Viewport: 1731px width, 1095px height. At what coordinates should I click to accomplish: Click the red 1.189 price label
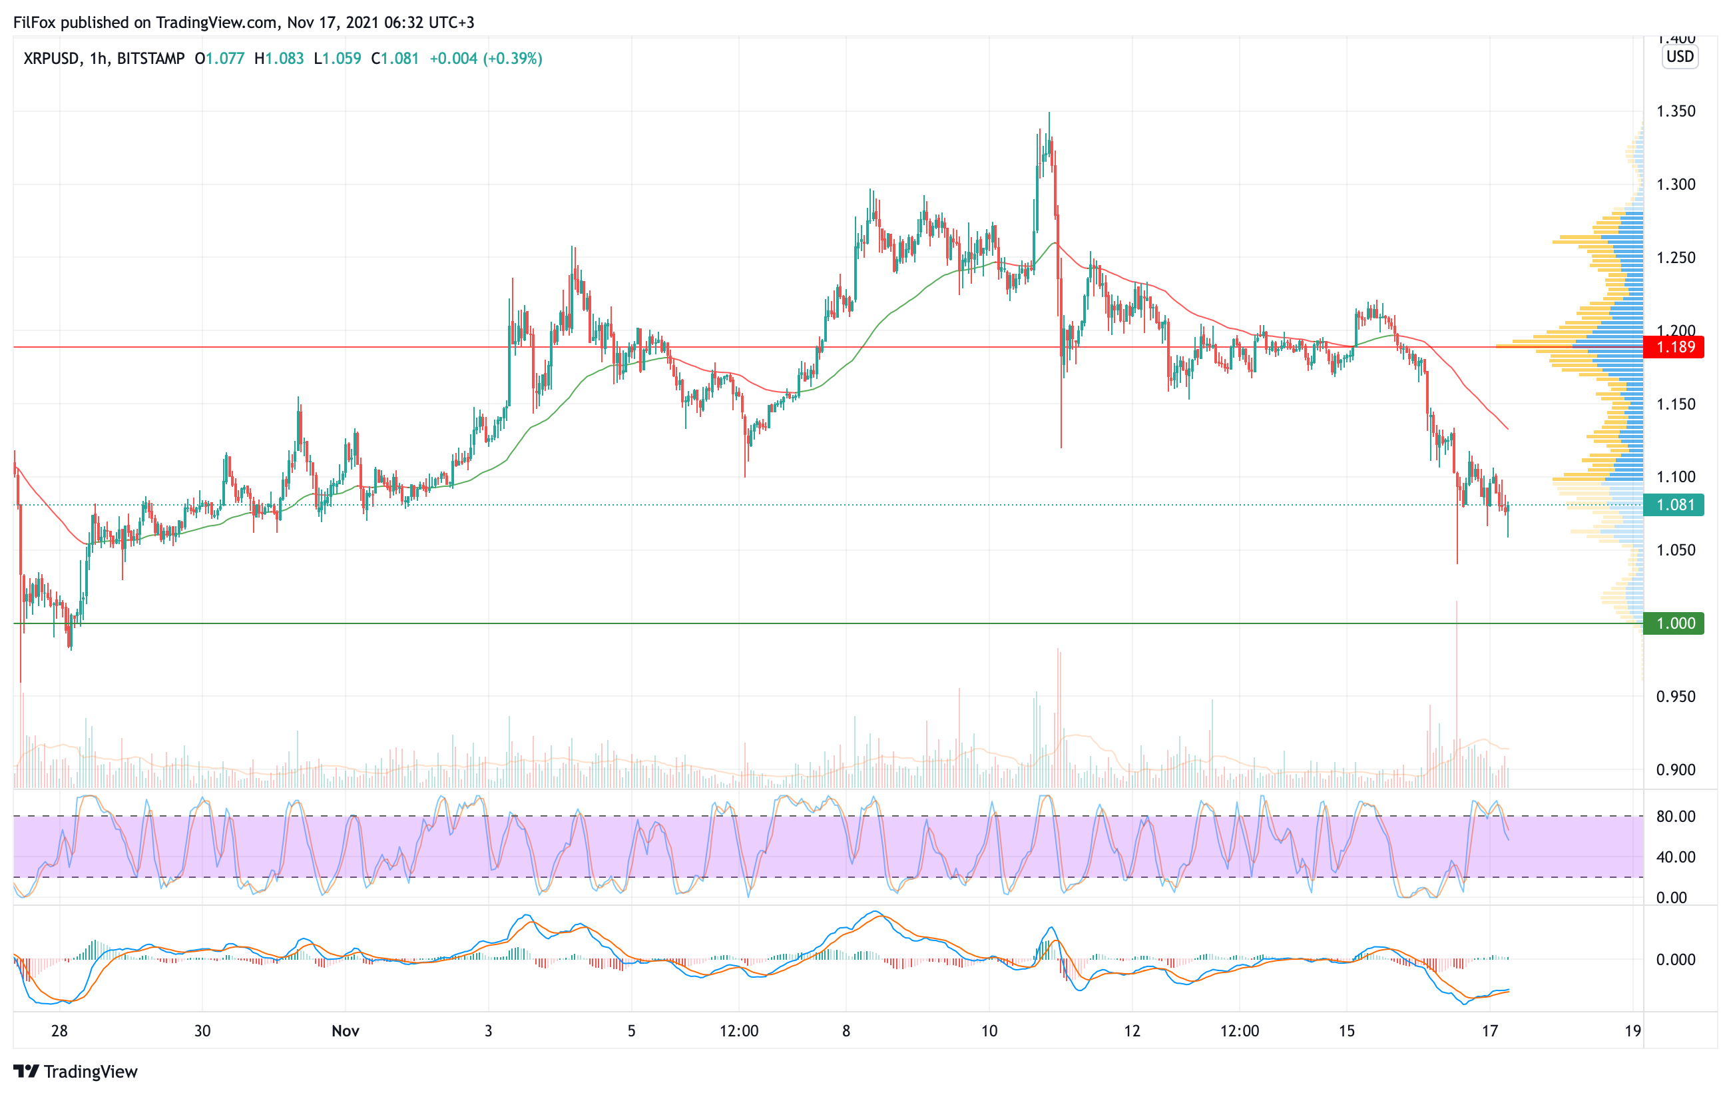click(x=1675, y=347)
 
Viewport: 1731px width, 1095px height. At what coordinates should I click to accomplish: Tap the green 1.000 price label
click(x=1675, y=623)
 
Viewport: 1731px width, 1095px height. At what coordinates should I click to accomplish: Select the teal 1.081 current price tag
click(x=1675, y=505)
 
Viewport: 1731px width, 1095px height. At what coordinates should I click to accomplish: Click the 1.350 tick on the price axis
click(x=1676, y=111)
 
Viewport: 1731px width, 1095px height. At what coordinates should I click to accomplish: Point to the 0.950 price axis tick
click(x=1676, y=696)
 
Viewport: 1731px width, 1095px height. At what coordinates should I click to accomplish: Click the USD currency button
click(x=1680, y=57)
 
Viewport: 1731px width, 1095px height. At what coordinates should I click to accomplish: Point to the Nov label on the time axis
click(x=345, y=1031)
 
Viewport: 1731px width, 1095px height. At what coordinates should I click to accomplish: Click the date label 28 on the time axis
click(x=59, y=1031)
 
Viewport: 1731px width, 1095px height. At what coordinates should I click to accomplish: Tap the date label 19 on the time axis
click(x=1632, y=1031)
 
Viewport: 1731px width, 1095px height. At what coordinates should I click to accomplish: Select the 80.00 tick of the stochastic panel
click(x=1676, y=816)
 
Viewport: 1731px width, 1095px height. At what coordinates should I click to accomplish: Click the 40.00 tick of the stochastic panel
click(x=1676, y=857)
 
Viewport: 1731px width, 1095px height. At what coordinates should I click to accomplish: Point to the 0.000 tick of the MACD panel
click(x=1676, y=959)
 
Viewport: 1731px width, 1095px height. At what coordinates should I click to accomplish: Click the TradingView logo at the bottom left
click(x=75, y=1071)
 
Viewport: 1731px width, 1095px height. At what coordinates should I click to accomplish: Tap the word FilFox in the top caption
click(x=35, y=22)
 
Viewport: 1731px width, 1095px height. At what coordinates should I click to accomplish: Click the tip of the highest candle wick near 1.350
click(x=1049, y=113)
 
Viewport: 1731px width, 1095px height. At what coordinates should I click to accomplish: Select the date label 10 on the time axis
click(x=989, y=1031)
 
